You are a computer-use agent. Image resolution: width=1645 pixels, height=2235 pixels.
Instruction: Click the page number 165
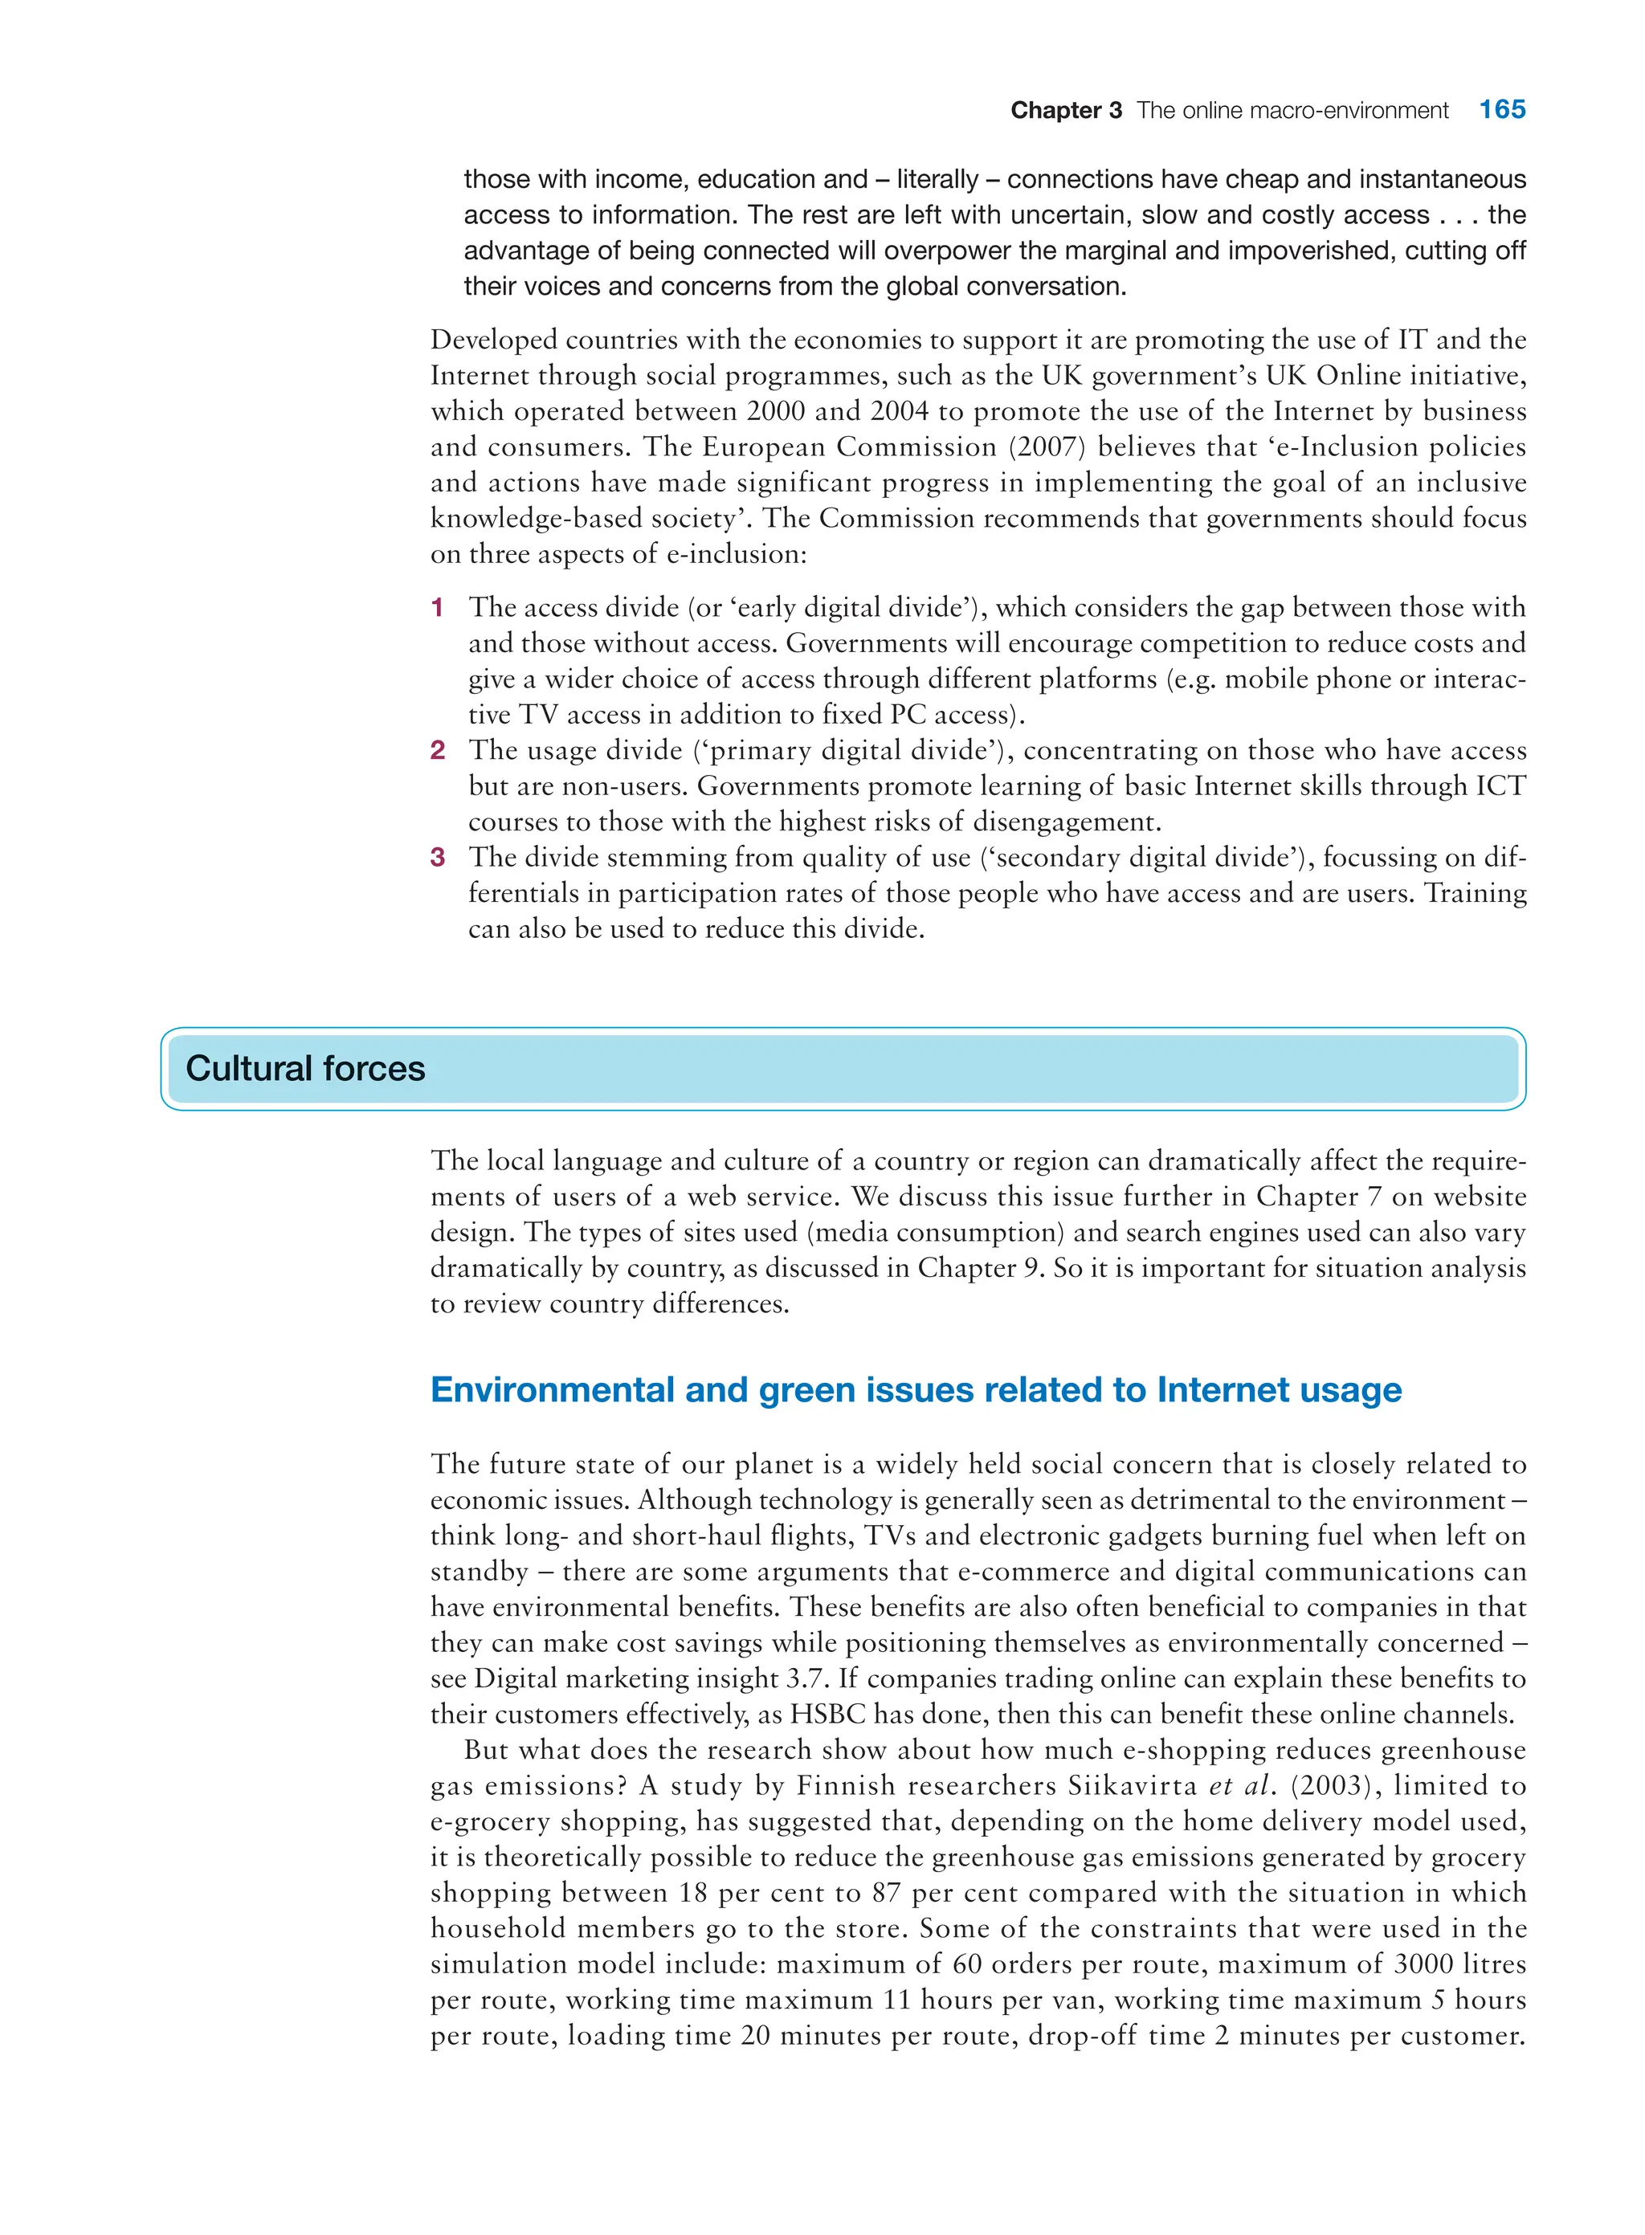click(x=1501, y=109)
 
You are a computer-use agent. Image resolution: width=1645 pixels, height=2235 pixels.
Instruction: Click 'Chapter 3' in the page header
click(x=1065, y=111)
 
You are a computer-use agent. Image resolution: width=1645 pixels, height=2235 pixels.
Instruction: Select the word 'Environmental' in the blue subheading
click(x=552, y=1390)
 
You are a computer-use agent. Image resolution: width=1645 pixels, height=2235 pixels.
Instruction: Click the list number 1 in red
click(x=437, y=607)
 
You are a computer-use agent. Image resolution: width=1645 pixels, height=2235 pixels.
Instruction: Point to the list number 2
click(x=437, y=751)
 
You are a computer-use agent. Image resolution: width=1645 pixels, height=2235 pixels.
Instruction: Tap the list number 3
click(x=437, y=857)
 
